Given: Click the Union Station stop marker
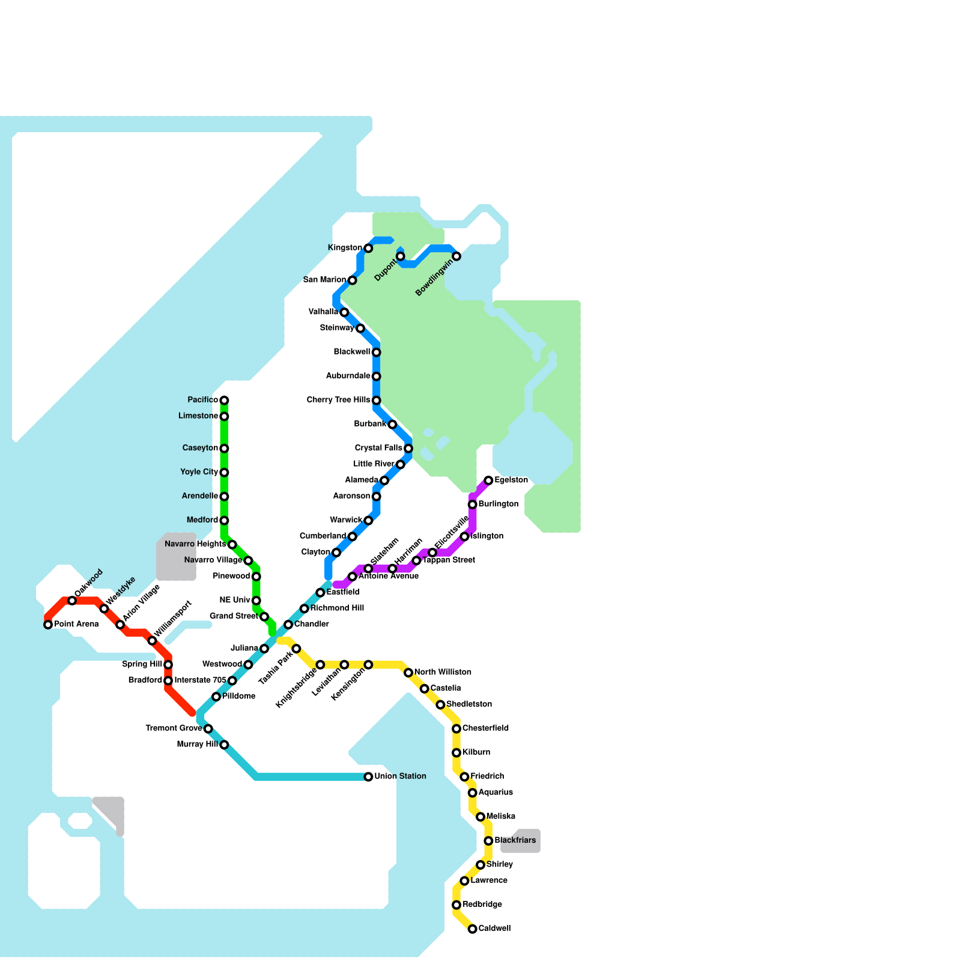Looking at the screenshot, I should (x=368, y=777).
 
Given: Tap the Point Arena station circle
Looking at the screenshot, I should (x=48, y=625).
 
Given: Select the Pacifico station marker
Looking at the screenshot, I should (x=224, y=400).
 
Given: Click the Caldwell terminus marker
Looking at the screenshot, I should (x=473, y=929).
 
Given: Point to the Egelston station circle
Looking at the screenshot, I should (x=489, y=480).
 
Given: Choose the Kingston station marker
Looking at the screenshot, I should (x=368, y=248).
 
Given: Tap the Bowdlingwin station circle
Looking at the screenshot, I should (x=456, y=256).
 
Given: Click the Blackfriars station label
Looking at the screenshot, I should (x=515, y=840).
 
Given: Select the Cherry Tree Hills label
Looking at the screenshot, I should (x=338, y=400).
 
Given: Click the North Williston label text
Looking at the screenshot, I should (x=443, y=672).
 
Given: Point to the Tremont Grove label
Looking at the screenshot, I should (x=174, y=729).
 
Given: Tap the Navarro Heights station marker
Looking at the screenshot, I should (x=232, y=544).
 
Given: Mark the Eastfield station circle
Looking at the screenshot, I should (x=320, y=593).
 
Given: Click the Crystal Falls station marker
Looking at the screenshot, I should (x=408, y=448).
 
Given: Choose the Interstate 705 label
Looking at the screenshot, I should (x=200, y=681).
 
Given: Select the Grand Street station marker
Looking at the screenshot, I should (x=264, y=617).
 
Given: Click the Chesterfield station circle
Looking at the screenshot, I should (x=456, y=729).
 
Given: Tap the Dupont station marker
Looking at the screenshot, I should (x=401, y=256).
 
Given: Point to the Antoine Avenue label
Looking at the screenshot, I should (x=388, y=577).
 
